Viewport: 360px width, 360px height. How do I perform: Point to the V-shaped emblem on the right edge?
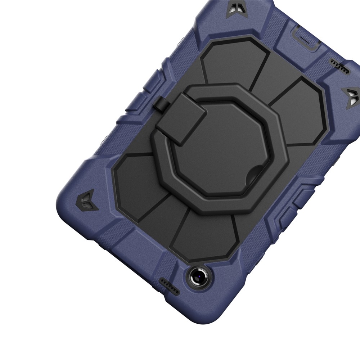[350, 96]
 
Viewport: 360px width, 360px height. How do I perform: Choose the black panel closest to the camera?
[205, 234]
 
